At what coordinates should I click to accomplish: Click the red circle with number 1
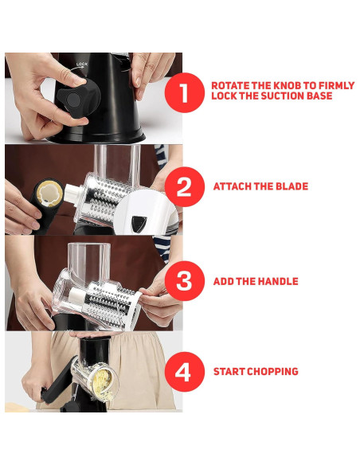185,92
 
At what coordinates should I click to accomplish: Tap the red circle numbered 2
185,186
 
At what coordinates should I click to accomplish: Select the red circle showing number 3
185,281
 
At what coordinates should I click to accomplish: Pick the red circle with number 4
185,372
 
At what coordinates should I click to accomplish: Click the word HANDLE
276,281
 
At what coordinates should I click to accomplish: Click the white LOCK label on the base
82,64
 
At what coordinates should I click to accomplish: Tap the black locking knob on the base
78,99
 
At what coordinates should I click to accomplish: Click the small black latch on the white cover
139,223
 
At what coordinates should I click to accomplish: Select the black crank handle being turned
57,379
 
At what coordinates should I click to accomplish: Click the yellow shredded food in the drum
103,383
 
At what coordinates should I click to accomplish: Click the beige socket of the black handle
50,192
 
